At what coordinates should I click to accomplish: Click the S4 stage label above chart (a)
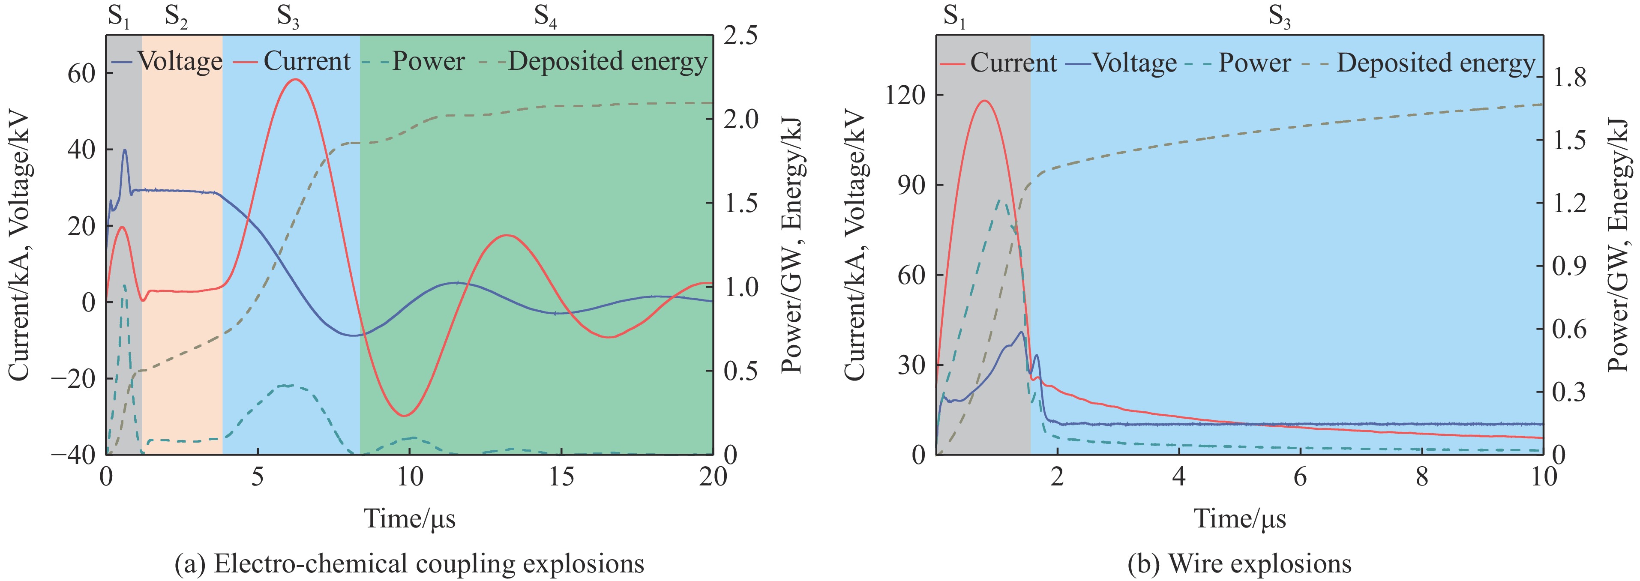pyautogui.click(x=545, y=17)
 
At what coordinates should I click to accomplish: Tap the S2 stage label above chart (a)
pyautogui.click(x=176, y=17)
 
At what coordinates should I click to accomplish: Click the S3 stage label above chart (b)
pyautogui.click(x=1279, y=17)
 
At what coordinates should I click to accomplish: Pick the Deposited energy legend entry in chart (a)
pyautogui.click(x=607, y=62)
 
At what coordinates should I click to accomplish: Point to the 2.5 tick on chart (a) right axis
pyautogui.click(x=741, y=36)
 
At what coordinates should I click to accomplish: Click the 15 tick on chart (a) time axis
pyautogui.click(x=561, y=476)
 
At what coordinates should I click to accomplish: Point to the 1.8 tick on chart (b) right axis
pyautogui.click(x=1570, y=78)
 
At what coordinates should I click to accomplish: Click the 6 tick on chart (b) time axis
pyautogui.click(x=1300, y=476)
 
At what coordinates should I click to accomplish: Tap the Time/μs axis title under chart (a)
pyautogui.click(x=409, y=518)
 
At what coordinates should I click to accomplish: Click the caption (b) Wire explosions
pyautogui.click(x=1239, y=564)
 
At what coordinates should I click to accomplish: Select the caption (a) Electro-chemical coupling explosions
pyautogui.click(x=409, y=564)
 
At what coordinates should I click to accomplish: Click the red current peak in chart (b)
pyautogui.click(x=985, y=101)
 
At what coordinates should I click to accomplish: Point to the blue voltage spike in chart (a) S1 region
pyautogui.click(x=125, y=150)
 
